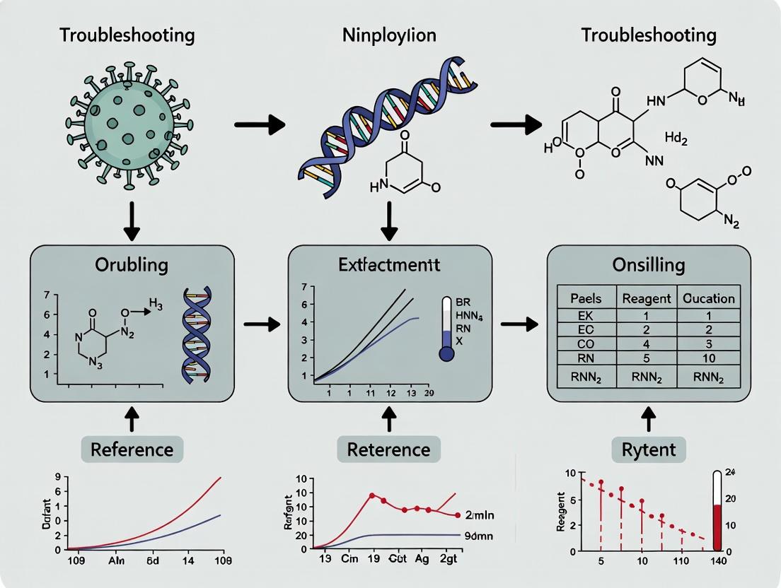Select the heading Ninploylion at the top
click(x=389, y=35)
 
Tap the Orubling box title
click(x=131, y=265)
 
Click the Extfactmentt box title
click(x=389, y=265)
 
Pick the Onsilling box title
click(x=649, y=265)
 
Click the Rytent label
click(x=649, y=448)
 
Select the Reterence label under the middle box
click(x=389, y=449)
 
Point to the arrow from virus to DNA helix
click(x=259, y=126)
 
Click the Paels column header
click(x=586, y=298)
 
